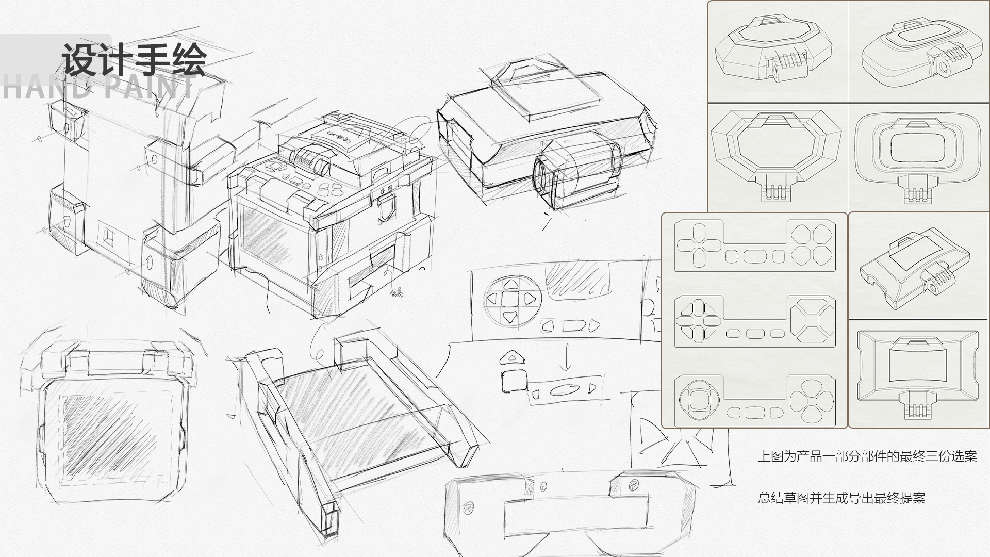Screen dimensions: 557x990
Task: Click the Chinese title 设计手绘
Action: point(134,60)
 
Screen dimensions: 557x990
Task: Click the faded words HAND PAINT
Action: point(98,88)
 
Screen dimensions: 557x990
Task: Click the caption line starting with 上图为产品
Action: point(867,456)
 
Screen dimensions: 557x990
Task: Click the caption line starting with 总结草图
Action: point(841,498)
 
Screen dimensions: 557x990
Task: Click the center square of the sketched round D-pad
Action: point(510,299)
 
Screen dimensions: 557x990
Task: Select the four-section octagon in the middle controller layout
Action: point(813,321)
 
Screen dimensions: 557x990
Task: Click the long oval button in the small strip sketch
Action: point(563,389)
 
